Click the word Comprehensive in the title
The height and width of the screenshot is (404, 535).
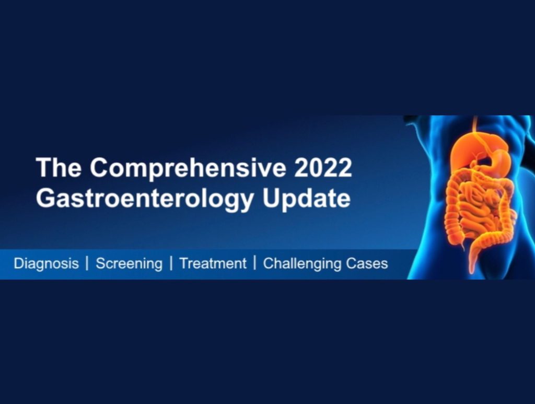click(188, 168)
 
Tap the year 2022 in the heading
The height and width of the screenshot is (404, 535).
click(323, 167)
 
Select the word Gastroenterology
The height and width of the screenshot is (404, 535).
click(145, 199)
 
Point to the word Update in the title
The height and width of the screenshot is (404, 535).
click(306, 199)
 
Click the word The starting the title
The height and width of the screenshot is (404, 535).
click(59, 167)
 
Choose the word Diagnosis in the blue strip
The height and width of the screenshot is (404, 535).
click(46, 264)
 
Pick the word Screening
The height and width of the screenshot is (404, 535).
click(129, 264)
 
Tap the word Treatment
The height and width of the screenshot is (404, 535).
click(213, 263)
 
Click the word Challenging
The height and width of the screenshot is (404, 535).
click(302, 264)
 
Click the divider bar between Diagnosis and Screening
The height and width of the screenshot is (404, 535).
click(87, 263)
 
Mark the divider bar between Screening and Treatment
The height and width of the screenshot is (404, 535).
click(171, 263)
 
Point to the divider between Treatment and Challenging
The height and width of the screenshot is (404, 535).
click(254, 263)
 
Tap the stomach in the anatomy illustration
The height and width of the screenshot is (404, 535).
click(498, 160)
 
